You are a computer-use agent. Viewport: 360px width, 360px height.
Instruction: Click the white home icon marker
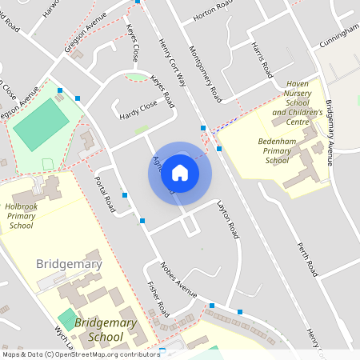pyautogui.click(x=180, y=173)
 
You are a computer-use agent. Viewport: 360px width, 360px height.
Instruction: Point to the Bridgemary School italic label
pyautogui.click(x=105, y=330)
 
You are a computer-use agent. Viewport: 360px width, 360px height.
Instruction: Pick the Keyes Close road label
pyautogui.click(x=132, y=42)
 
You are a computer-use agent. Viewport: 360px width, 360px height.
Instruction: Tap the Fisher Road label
pyautogui.click(x=158, y=298)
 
